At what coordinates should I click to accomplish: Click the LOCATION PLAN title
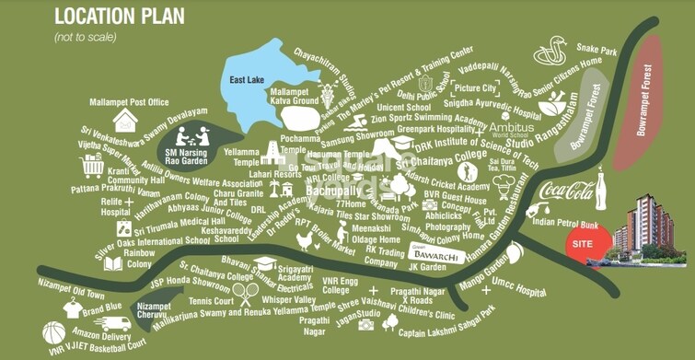[119, 16]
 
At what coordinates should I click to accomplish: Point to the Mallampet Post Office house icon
[127, 121]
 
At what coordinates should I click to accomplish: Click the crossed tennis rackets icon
[246, 293]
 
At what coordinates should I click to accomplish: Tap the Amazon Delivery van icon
[116, 324]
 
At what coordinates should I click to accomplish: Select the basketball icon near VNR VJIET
[54, 332]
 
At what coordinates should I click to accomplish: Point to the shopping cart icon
[92, 167]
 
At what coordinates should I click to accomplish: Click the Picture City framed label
[475, 87]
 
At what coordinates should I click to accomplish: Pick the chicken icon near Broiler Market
[305, 242]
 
